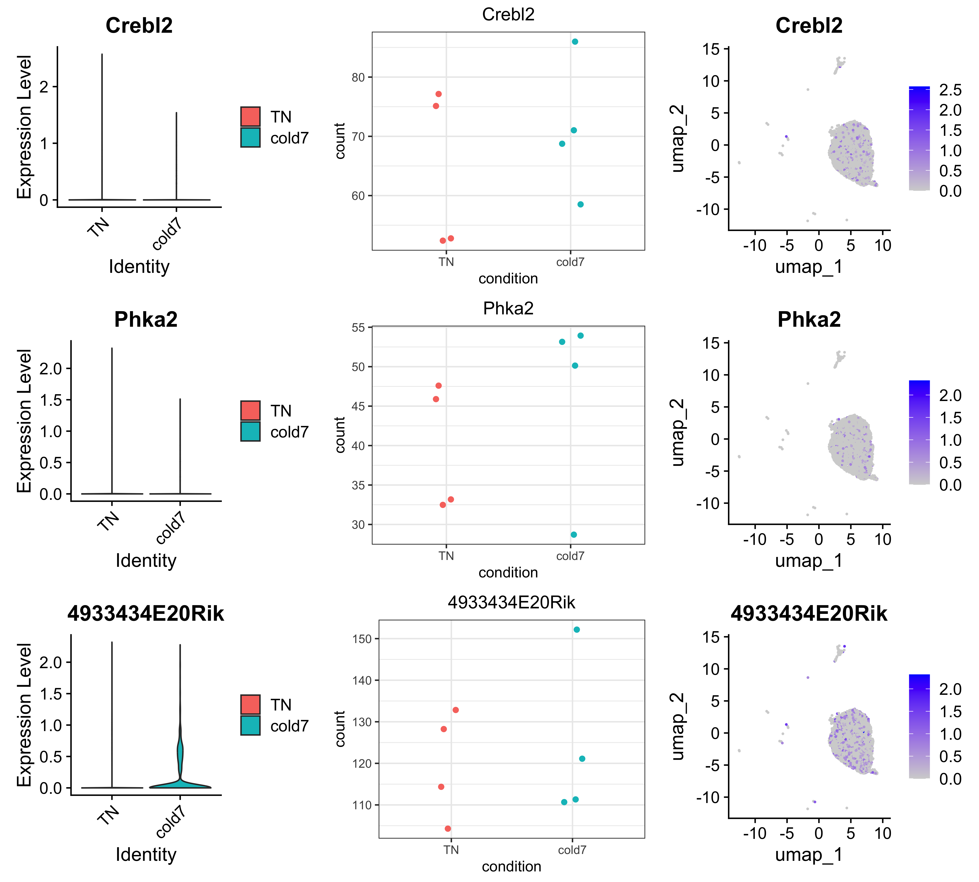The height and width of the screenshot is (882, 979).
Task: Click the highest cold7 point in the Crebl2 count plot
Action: pyautogui.click(x=575, y=42)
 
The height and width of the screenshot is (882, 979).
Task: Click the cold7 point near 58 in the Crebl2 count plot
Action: pyautogui.click(x=581, y=204)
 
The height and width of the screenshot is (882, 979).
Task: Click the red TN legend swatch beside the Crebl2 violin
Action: pyautogui.click(x=250, y=116)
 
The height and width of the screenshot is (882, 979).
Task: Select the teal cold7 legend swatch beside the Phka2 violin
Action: pyautogui.click(x=250, y=431)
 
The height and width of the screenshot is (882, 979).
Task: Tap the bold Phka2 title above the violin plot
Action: pyautogui.click(x=146, y=319)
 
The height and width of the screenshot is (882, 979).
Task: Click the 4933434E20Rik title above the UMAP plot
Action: pyautogui.click(x=809, y=613)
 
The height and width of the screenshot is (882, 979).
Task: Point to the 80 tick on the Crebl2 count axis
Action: pyautogui.click(x=358, y=78)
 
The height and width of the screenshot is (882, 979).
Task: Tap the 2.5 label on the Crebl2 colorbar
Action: pyautogui.click(x=950, y=90)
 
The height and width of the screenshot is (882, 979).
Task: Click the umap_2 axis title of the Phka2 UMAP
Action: pyautogui.click(x=678, y=433)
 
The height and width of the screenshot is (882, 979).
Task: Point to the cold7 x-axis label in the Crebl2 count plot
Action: pyautogui.click(x=570, y=262)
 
